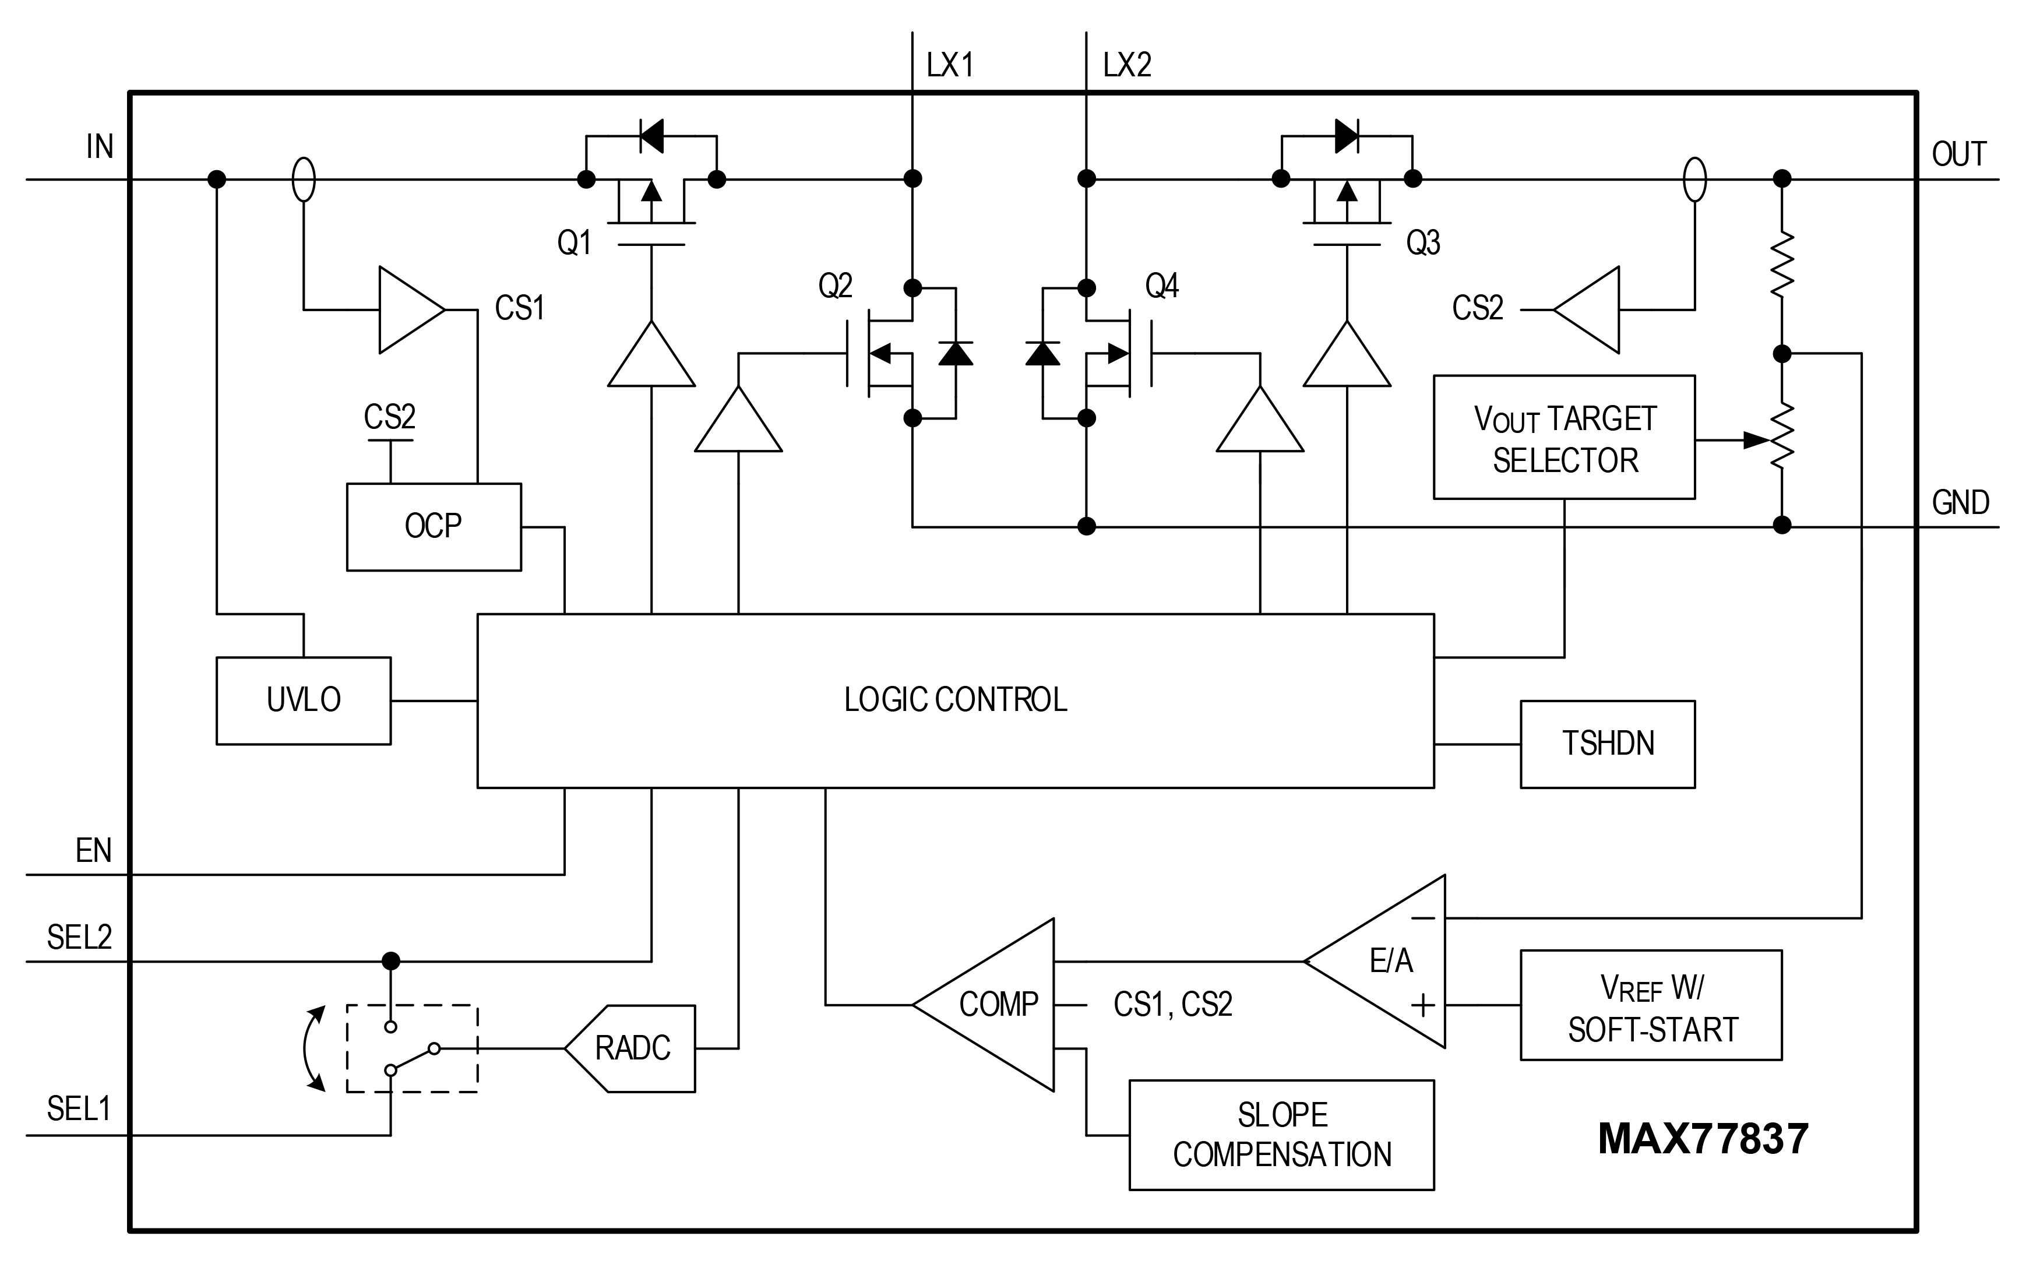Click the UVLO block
coord(303,700)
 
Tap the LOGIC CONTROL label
coord(955,700)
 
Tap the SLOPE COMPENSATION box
coord(1281,1135)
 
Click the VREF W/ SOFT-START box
coord(1651,1005)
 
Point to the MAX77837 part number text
coord(1703,1139)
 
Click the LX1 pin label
coord(950,65)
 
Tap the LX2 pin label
coord(1126,65)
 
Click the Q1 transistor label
coord(574,242)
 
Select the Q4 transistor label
coord(1162,286)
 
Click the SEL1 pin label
coord(79,1108)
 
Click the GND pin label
coord(1960,502)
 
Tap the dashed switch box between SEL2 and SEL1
coord(412,1048)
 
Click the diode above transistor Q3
coord(1347,135)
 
